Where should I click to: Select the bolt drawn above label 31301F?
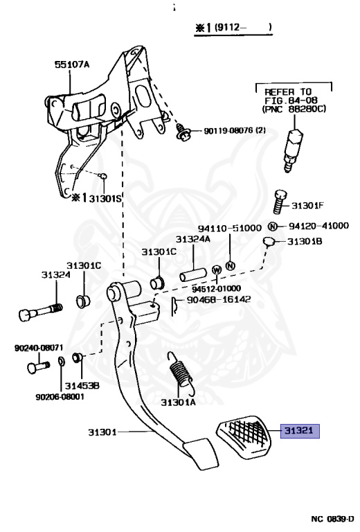click(280, 203)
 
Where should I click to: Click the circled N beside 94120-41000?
click(272, 227)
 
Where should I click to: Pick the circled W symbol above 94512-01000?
click(216, 269)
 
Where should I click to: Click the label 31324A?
click(192, 239)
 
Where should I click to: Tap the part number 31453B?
click(82, 384)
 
